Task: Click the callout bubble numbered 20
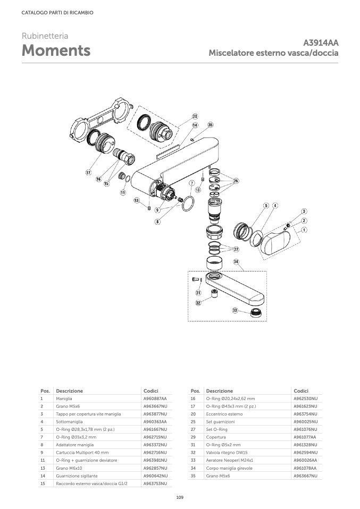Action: [195, 116]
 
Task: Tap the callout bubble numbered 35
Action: [210, 125]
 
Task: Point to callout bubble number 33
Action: [235, 310]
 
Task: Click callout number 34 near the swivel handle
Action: [236, 261]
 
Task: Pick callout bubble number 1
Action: [304, 230]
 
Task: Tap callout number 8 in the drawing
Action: [157, 221]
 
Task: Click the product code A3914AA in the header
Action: [321, 43]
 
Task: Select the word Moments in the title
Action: [56, 51]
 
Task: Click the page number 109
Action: [180, 497]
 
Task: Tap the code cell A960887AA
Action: [155, 398]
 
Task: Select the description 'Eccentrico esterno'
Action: [224, 414]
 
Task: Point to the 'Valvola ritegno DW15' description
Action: [227, 453]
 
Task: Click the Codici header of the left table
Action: [151, 391]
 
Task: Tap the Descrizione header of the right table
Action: [219, 391]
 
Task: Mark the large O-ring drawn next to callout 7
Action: [188, 203]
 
